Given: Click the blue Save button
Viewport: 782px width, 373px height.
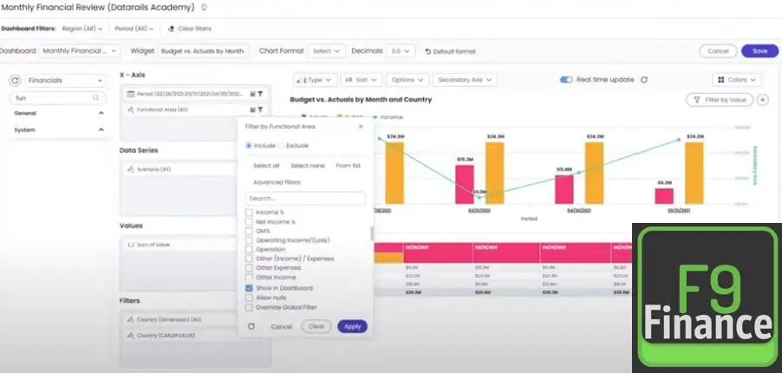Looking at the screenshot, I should [759, 51].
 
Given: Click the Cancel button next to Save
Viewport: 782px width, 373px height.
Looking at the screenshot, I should [718, 51].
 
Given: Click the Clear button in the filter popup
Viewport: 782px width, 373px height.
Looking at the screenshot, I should [316, 327].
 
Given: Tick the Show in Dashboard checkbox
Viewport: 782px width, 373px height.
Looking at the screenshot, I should [250, 288].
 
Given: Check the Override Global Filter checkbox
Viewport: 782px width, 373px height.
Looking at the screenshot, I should [250, 307].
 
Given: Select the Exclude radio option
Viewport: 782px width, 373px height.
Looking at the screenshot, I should [282, 146].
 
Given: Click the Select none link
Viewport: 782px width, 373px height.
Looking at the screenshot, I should [308, 165].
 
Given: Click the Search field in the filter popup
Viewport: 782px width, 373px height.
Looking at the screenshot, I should [305, 199].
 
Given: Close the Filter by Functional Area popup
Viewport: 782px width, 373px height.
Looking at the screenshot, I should [361, 127].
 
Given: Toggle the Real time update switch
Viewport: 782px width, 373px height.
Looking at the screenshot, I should [566, 80].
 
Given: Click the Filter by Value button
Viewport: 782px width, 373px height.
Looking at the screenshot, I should [719, 100].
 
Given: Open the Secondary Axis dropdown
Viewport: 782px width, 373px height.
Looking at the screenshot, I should [465, 80].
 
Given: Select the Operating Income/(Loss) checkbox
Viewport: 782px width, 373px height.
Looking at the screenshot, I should [250, 239].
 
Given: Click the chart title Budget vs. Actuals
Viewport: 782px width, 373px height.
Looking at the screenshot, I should [361, 100].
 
